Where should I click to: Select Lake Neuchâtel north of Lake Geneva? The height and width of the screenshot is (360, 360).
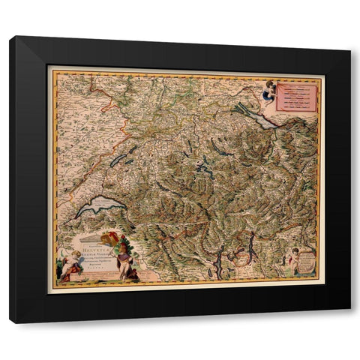point(120,160)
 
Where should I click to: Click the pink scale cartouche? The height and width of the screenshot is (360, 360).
point(297,97)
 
